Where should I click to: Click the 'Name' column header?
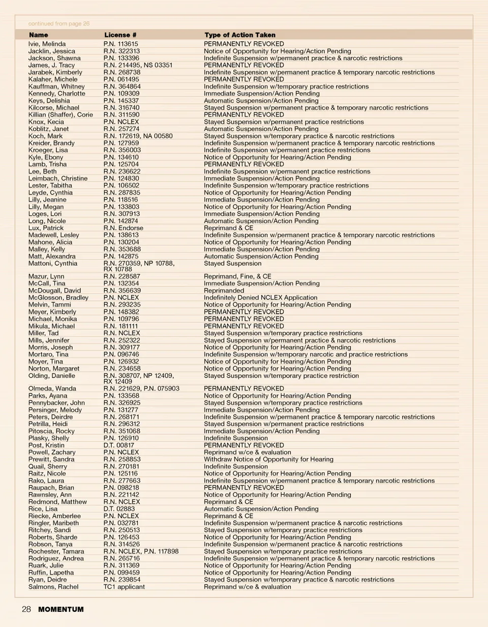click(39, 35)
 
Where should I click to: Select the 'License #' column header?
click(120, 35)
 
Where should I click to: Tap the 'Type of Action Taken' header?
click(240, 35)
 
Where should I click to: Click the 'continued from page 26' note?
click(59, 23)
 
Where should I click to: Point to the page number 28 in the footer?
click(26, 609)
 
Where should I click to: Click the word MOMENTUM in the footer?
click(61, 609)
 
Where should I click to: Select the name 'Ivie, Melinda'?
click(47, 44)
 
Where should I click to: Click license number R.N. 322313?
click(121, 51)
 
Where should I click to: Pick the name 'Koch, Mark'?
click(46, 136)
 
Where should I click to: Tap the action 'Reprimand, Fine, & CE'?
click(237, 276)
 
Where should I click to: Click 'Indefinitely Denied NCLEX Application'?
click(260, 298)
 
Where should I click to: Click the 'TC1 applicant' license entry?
click(124, 587)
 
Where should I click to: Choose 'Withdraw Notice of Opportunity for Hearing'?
click(268, 460)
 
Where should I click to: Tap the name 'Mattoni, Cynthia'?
click(53, 264)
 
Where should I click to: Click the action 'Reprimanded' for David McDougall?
click(224, 291)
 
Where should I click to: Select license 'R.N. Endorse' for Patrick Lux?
click(123, 228)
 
